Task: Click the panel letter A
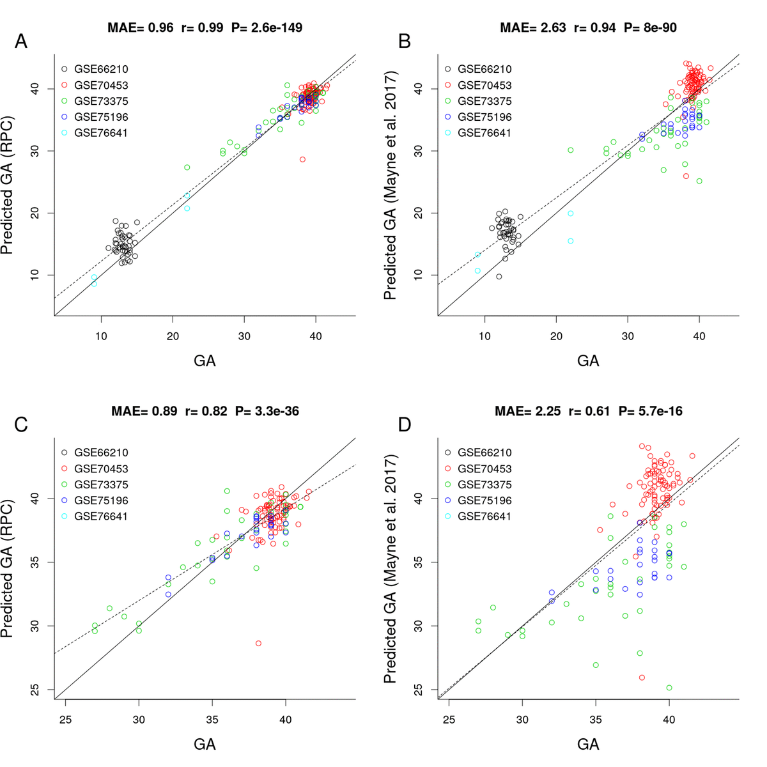point(21,42)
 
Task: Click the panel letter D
point(405,425)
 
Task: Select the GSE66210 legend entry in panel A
point(96,69)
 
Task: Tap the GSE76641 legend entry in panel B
point(484,133)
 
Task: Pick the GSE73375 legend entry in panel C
point(101,484)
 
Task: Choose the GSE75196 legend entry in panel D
point(484,500)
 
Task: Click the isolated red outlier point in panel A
point(303,159)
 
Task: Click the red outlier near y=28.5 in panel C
point(258,643)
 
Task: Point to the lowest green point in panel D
point(669,688)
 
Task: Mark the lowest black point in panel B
point(499,276)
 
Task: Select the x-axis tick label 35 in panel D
point(596,720)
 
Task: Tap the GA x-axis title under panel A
point(205,361)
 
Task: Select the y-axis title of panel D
point(391,569)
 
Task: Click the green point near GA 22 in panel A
point(187,167)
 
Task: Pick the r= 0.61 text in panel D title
point(589,411)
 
